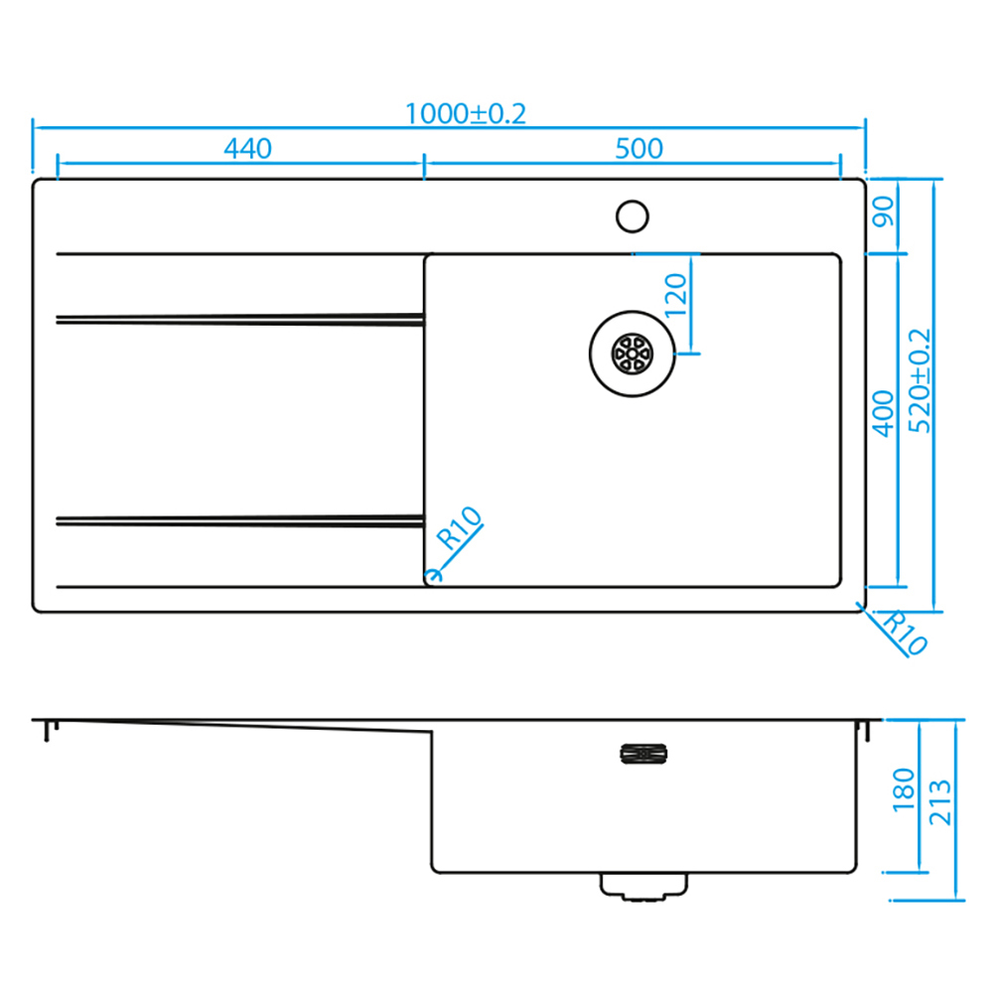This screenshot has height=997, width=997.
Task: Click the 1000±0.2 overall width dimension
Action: click(x=466, y=114)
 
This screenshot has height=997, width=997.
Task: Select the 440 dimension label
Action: click(x=247, y=149)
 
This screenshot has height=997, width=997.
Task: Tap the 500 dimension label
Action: click(x=639, y=149)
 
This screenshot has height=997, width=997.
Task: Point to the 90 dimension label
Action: click(x=883, y=212)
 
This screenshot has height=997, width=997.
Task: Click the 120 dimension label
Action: click(x=675, y=295)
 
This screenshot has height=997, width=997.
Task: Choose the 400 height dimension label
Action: click(x=883, y=414)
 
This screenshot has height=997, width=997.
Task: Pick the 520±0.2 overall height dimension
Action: click(x=919, y=381)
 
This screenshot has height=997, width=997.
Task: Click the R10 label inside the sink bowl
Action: click(x=459, y=527)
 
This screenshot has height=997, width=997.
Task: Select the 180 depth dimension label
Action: click(x=903, y=790)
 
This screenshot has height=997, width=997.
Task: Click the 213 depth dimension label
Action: click(x=939, y=802)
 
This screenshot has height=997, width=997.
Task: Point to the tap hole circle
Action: click(x=632, y=216)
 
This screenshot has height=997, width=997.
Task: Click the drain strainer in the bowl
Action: click(x=632, y=354)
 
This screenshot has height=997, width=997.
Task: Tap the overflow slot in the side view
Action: click(x=643, y=754)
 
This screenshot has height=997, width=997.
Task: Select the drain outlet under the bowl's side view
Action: click(x=643, y=887)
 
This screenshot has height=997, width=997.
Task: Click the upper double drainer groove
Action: click(x=240, y=319)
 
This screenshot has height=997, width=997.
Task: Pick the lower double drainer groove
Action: click(x=240, y=521)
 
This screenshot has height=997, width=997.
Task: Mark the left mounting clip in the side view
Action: click(x=51, y=731)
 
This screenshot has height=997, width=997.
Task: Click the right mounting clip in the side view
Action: click(x=863, y=731)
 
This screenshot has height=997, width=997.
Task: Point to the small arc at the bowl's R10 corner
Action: click(x=437, y=575)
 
